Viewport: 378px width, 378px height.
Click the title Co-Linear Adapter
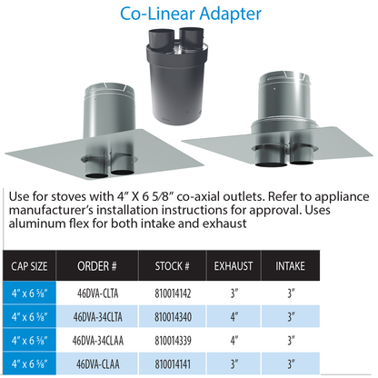click(191, 14)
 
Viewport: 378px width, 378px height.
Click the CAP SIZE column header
click(29, 266)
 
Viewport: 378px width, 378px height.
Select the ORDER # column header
click(97, 266)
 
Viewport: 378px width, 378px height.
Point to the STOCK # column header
click(173, 266)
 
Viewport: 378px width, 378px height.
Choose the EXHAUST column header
click(234, 266)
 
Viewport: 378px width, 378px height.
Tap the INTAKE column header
click(290, 266)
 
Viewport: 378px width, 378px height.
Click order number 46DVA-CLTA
click(97, 293)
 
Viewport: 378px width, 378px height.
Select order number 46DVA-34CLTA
click(97, 317)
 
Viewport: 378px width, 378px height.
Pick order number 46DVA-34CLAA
click(97, 341)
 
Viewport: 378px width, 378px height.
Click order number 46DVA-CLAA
click(97, 364)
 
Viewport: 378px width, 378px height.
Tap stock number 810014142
click(173, 293)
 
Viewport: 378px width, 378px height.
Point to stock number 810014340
click(173, 317)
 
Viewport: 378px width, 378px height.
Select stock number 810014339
click(173, 341)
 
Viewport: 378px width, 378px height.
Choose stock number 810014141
click(173, 364)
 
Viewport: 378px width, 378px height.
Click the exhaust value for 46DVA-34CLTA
click(234, 317)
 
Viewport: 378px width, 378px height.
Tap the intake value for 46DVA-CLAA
click(291, 364)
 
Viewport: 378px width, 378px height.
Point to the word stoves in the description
click(68, 197)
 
